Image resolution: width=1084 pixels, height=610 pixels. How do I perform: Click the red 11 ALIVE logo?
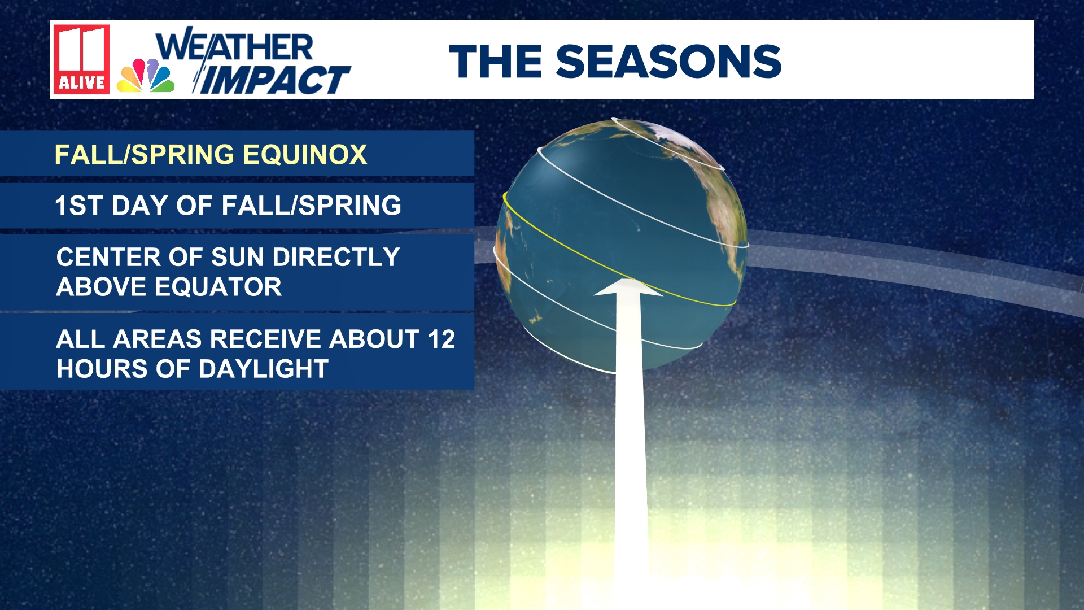click(x=81, y=59)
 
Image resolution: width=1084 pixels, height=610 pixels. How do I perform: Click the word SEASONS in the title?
click(x=668, y=61)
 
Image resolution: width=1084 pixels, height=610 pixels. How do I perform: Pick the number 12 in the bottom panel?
click(x=441, y=339)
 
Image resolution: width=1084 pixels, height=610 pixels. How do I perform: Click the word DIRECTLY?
click(x=336, y=258)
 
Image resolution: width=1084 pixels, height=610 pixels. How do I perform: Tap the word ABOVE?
click(x=101, y=287)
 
